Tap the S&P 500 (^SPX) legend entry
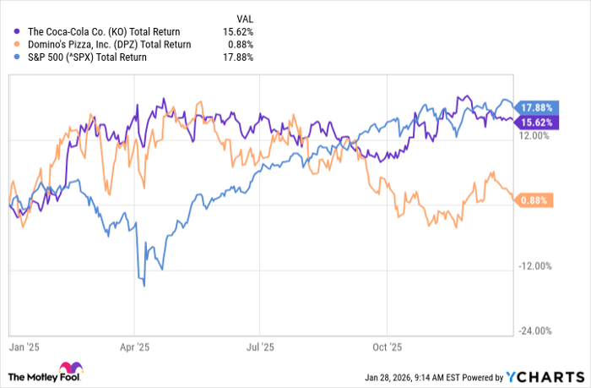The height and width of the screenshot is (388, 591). point(81,57)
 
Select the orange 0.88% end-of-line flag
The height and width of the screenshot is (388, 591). point(534,200)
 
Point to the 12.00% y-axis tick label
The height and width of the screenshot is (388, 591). point(534,139)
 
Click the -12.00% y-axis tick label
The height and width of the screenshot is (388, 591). point(533,266)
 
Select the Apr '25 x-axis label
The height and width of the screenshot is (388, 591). point(134,347)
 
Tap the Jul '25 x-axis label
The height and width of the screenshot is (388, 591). point(260,347)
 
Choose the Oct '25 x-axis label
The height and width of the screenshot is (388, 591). point(386,347)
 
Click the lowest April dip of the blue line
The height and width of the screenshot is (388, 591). point(144,286)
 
